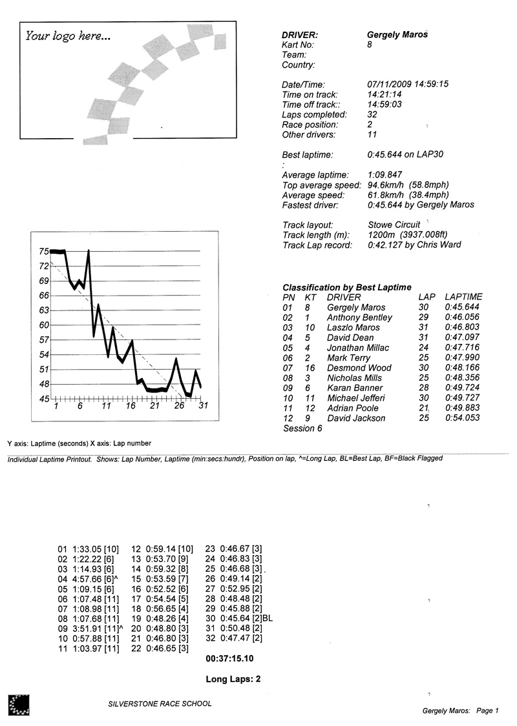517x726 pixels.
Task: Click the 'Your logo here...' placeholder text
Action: point(68,36)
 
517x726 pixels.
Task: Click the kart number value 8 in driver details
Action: point(370,45)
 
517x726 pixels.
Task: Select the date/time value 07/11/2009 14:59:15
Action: point(408,84)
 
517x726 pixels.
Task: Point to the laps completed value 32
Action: point(372,114)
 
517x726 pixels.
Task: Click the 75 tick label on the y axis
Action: point(43,252)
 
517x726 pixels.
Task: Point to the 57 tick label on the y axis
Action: point(43,340)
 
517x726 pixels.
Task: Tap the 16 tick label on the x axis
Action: point(131,407)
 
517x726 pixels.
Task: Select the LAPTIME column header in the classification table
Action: point(463,297)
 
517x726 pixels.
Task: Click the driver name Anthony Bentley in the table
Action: point(359,318)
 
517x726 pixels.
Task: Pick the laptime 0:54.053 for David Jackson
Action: point(463,418)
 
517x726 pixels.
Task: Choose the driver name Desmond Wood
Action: point(359,368)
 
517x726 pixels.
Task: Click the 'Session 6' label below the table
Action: point(302,429)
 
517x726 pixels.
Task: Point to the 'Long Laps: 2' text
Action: point(233,679)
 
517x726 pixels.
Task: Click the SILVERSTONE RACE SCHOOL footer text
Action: point(160,704)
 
